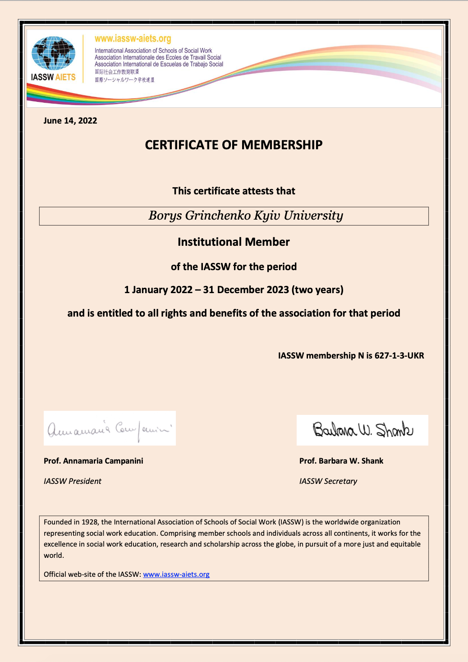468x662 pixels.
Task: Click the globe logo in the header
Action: (x=53, y=53)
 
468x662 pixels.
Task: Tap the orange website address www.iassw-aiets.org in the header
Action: (x=133, y=39)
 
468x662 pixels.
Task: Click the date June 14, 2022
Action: (x=70, y=120)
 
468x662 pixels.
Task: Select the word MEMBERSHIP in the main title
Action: (x=282, y=145)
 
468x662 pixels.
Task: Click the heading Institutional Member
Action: (x=234, y=242)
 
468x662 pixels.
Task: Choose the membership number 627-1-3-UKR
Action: (x=399, y=355)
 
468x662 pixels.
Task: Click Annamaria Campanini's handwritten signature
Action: (x=110, y=428)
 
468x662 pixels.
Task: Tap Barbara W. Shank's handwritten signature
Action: (x=362, y=430)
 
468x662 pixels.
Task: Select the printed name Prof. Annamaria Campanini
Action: (x=93, y=461)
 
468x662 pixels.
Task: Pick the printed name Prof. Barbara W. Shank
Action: (x=341, y=461)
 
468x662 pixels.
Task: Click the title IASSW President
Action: (x=73, y=481)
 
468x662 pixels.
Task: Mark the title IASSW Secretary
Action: (x=328, y=481)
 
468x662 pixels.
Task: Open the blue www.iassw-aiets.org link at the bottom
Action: (x=176, y=575)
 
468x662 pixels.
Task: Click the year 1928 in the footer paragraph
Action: (x=90, y=522)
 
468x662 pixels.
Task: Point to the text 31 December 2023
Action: (x=246, y=290)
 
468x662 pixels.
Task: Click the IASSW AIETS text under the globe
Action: (x=53, y=77)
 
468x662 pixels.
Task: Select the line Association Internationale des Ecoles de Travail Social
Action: (x=158, y=57)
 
